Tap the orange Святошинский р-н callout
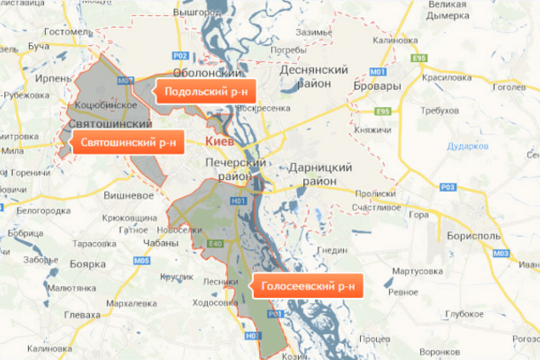point(126,143)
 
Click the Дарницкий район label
point(320,174)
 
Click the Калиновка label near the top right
point(396,39)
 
